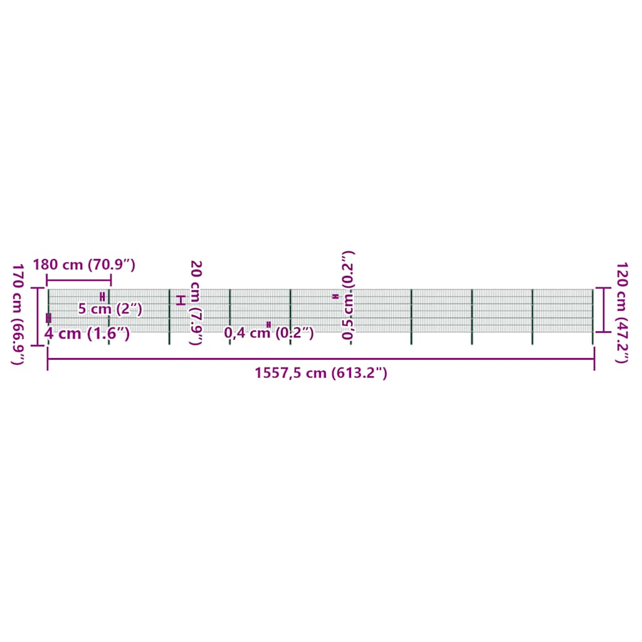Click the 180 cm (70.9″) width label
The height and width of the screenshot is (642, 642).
(x=84, y=265)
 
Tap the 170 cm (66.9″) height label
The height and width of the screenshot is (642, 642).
(x=18, y=314)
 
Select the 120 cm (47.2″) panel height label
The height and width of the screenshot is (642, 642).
(x=622, y=313)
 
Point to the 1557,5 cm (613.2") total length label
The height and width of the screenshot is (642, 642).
(x=321, y=373)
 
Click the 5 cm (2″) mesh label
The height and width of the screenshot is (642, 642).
(x=110, y=308)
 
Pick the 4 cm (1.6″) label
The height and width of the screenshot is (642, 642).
(x=87, y=334)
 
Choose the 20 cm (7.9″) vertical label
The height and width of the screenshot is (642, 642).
(x=196, y=303)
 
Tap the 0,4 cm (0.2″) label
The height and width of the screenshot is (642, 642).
(x=269, y=333)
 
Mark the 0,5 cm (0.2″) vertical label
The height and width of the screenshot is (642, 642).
(x=348, y=295)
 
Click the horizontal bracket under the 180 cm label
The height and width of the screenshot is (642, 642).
(x=78, y=280)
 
